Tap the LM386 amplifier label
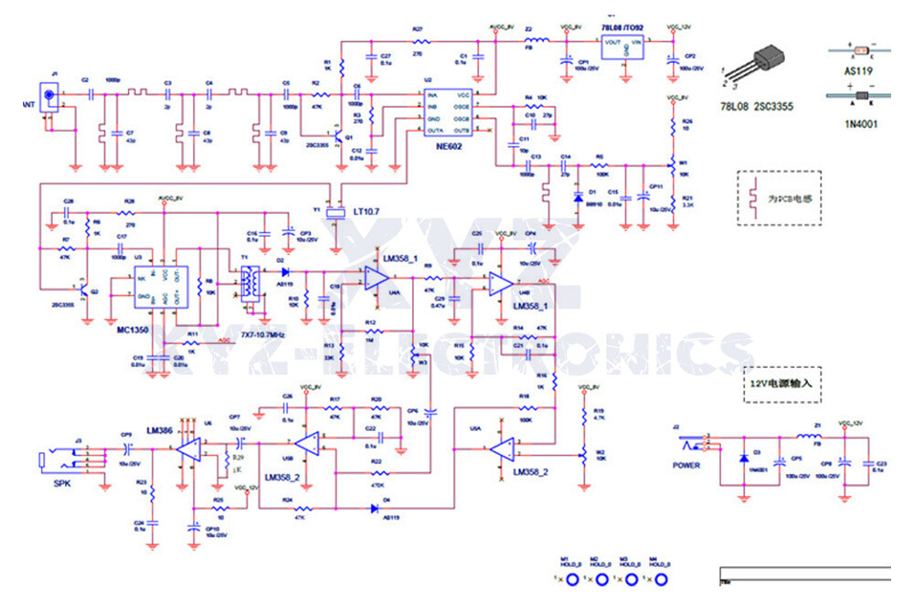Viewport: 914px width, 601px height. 158,430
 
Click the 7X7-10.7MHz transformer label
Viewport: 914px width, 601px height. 265,337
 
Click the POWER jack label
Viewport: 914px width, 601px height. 686,465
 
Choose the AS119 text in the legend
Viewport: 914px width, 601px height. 861,70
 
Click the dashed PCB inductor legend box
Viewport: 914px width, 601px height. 778,197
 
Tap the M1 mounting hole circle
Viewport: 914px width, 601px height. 572,580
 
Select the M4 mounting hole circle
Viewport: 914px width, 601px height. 660,580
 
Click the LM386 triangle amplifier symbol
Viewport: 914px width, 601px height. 191,449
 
